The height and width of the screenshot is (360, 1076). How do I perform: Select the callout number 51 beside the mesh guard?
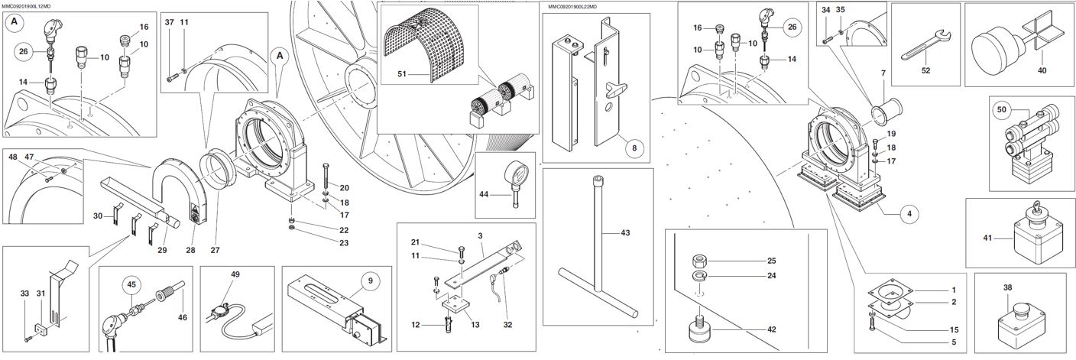point(403,74)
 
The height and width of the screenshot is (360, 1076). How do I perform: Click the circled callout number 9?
point(369,281)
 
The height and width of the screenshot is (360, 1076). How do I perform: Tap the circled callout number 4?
point(909,213)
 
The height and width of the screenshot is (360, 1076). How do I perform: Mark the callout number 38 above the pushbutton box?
point(1007,287)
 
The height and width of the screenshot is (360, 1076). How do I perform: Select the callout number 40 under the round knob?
point(1042,70)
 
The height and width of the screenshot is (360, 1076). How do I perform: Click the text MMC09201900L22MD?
point(572,6)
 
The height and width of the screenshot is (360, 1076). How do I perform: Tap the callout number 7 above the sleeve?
point(883,74)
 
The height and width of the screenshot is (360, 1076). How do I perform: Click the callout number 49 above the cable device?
point(235,274)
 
